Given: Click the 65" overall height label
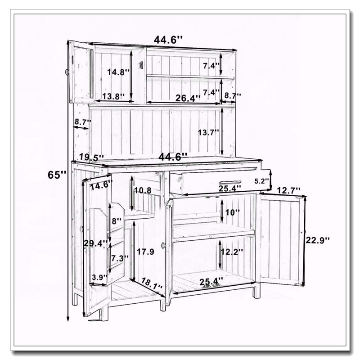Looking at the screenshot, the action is [x=57, y=175].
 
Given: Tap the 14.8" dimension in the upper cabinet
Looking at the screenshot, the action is [x=119, y=72].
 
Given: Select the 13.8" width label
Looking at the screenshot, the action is [x=113, y=96].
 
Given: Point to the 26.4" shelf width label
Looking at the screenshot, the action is [x=188, y=98].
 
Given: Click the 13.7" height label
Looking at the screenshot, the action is [x=209, y=132].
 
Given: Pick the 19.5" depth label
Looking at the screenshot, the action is [x=91, y=157].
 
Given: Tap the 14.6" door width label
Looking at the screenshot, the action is [x=101, y=185].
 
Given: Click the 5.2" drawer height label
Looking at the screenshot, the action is [x=261, y=181].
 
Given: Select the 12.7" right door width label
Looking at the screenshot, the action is [x=288, y=190].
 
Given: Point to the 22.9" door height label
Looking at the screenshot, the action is [x=318, y=240].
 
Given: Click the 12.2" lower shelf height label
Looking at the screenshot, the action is [x=231, y=252].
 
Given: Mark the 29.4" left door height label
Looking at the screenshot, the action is [x=95, y=243].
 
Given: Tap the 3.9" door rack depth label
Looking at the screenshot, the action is [x=99, y=277].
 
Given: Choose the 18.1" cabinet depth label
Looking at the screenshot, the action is [x=152, y=283].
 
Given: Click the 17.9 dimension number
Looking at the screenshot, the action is [x=145, y=252].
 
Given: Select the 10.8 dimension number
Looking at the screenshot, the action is [x=143, y=190].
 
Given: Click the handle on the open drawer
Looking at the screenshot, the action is [x=230, y=183].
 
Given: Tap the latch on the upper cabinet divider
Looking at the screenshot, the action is [x=141, y=65].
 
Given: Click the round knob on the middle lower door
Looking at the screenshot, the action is [x=164, y=245].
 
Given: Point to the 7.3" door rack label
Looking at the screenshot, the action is [x=120, y=258].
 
